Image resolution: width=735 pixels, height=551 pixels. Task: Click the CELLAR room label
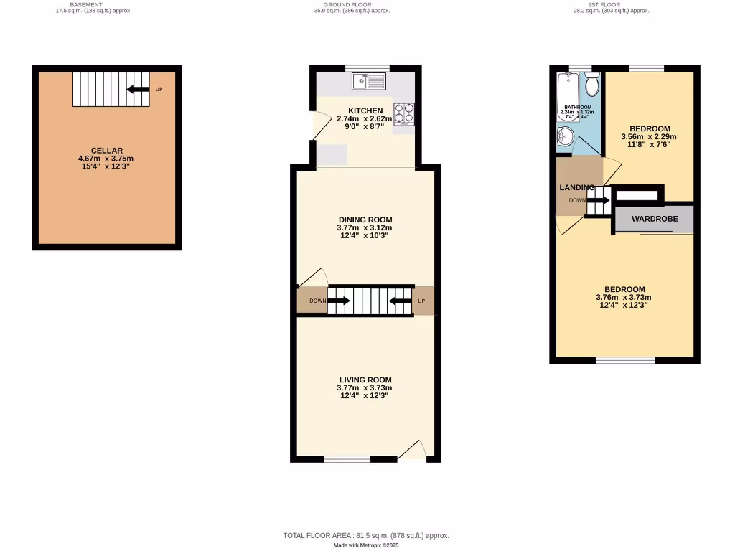[x=106, y=150]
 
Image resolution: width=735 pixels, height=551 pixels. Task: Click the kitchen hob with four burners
[x=404, y=114]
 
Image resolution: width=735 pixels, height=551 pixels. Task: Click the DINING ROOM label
[x=365, y=220]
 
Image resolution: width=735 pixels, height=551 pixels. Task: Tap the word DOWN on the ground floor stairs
[x=318, y=301]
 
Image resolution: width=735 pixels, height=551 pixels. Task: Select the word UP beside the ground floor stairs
[x=422, y=301]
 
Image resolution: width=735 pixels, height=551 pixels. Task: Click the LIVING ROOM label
[x=365, y=380]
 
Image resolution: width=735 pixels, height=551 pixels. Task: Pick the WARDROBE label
[x=654, y=218]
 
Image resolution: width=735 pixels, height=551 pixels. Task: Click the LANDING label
[x=577, y=187]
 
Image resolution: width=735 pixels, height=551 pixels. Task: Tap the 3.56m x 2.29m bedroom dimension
[x=648, y=136]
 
